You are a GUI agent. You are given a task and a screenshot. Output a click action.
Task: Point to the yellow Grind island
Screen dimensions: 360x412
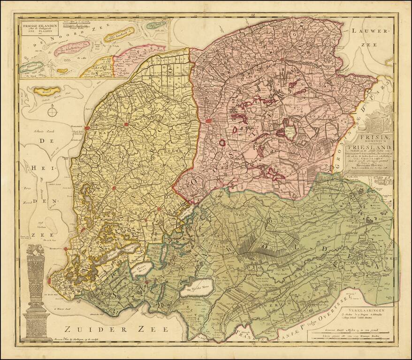click(46, 90)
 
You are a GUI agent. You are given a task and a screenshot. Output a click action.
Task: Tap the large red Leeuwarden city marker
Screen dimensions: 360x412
click(208, 121)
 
